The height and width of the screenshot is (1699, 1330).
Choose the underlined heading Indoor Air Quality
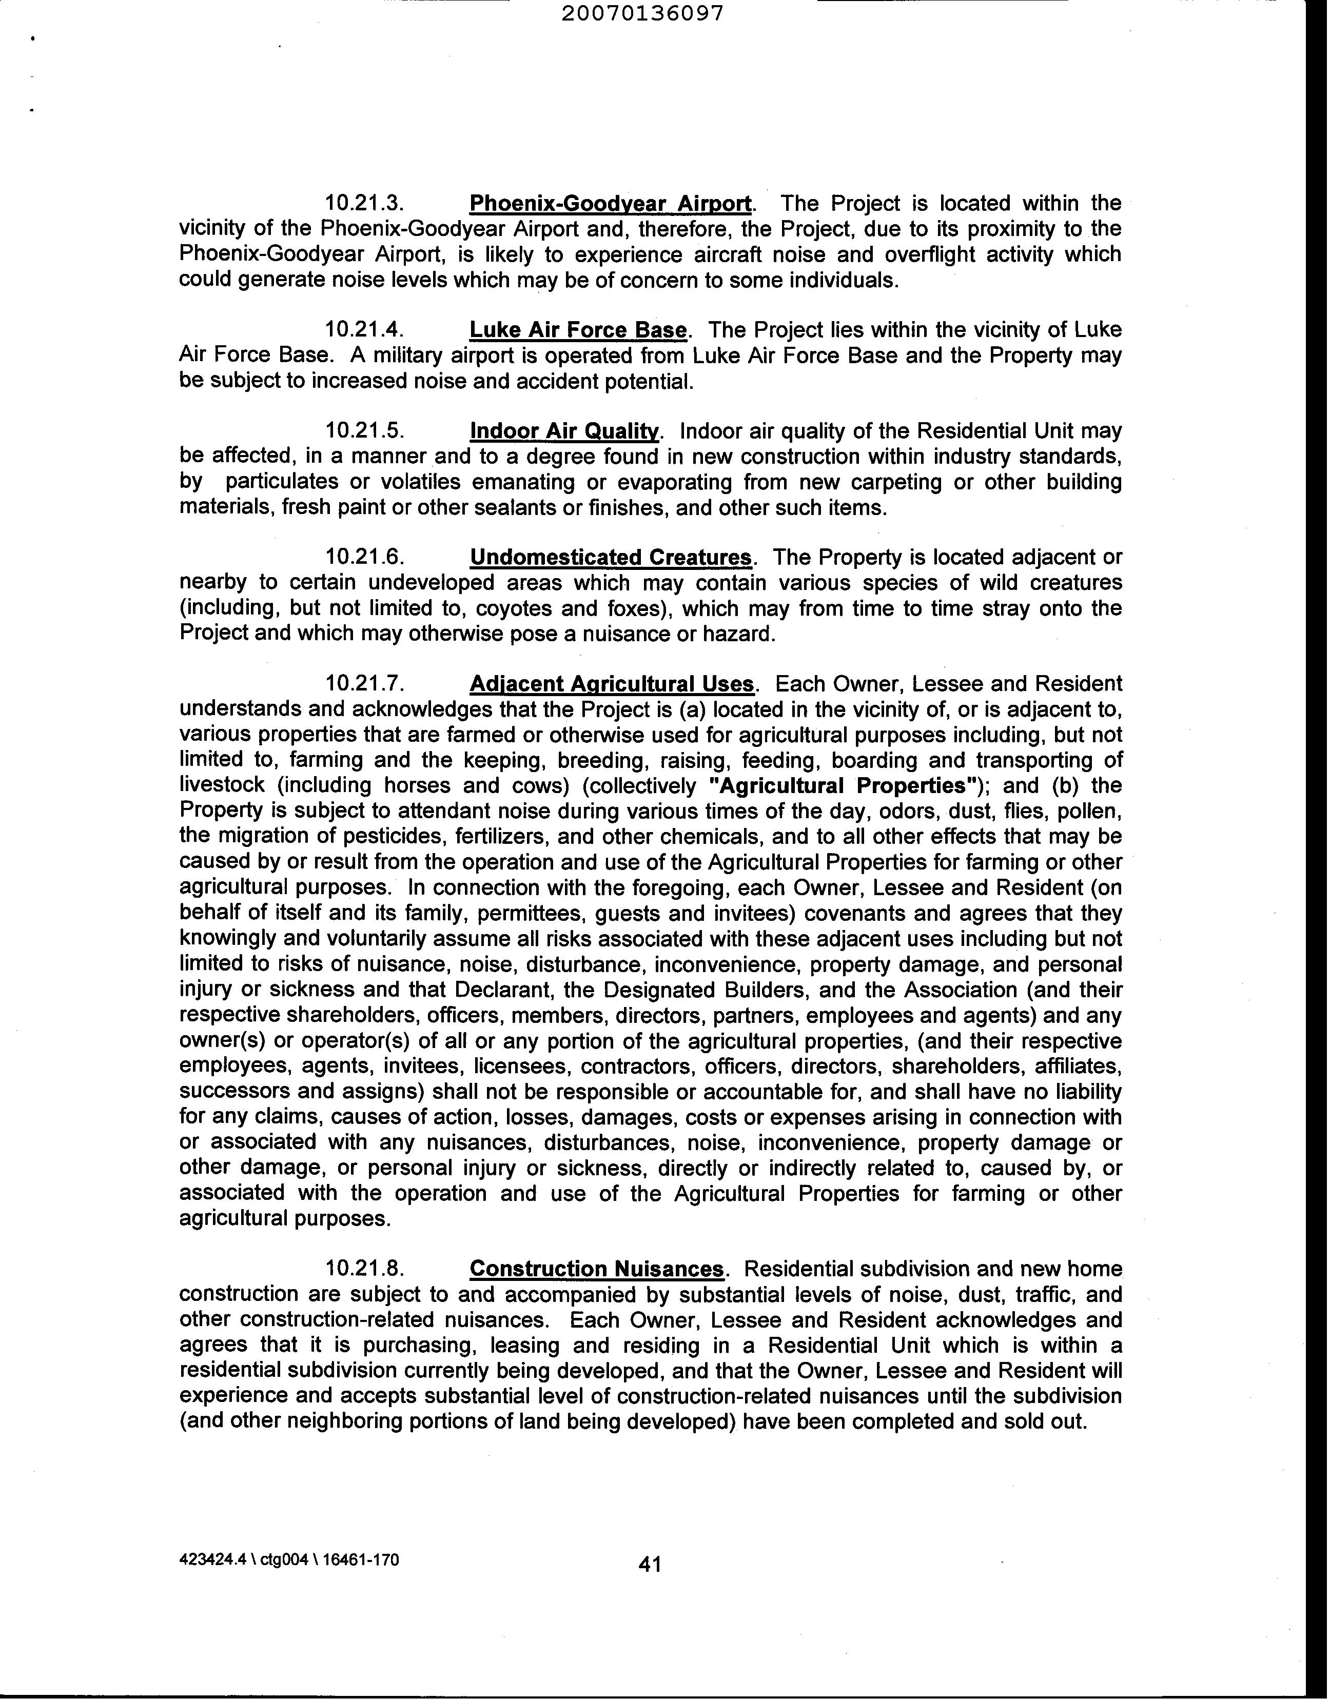(564, 432)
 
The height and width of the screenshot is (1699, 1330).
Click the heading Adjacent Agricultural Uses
(612, 685)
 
